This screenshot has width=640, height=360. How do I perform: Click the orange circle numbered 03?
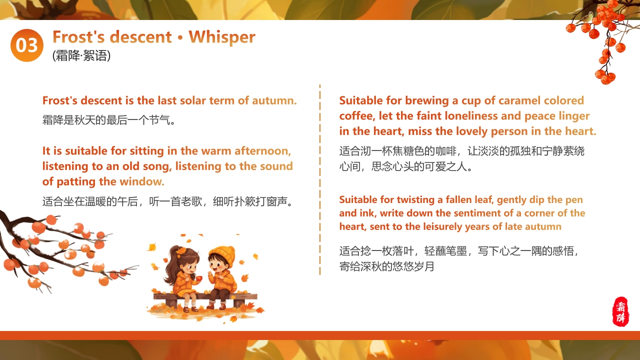(27, 45)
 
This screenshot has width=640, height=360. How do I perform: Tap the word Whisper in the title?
(222, 37)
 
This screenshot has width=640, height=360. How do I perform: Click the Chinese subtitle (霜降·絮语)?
(81, 55)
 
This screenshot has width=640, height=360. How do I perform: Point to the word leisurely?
(442, 227)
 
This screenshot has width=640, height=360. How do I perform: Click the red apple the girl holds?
(199, 277)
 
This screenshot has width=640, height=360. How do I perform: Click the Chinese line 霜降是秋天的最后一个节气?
(109, 120)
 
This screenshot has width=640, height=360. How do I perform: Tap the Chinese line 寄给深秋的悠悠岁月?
(387, 267)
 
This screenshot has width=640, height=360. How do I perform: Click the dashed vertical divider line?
(320, 180)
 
